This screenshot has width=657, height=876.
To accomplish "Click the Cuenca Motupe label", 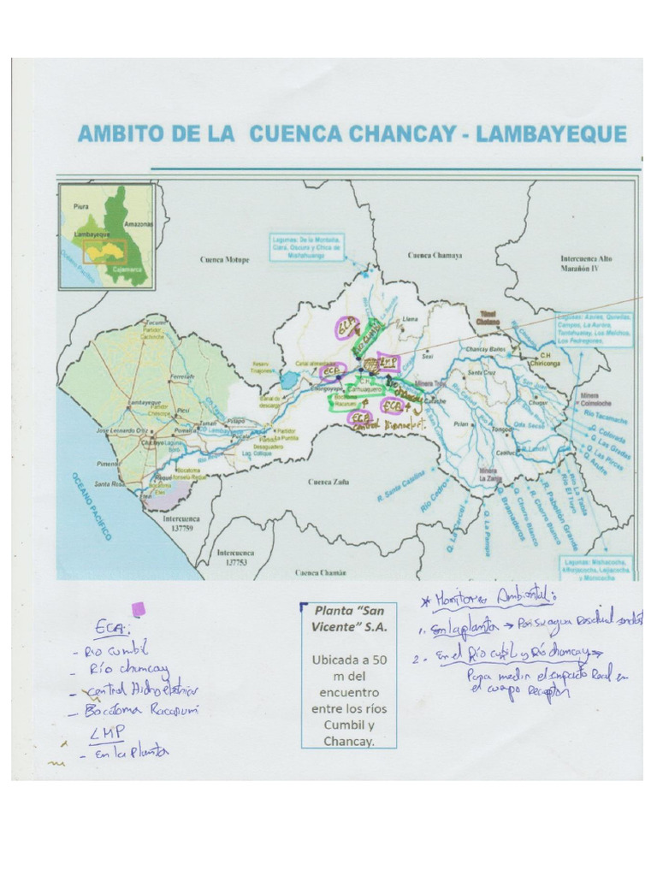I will pyautogui.click(x=226, y=259).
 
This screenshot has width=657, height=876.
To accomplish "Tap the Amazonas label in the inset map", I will pyautogui.click(x=138, y=223).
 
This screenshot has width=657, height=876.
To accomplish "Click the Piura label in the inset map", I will pyautogui.click(x=81, y=206).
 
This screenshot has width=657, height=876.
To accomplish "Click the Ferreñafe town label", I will pyautogui.click(x=182, y=376).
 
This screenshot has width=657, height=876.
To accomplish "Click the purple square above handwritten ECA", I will pyautogui.click(x=137, y=609).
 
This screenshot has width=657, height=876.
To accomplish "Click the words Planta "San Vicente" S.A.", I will pyautogui.click(x=348, y=619).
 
